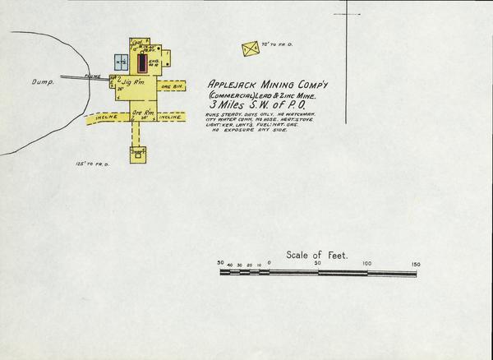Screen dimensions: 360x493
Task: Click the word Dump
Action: coord(41,82)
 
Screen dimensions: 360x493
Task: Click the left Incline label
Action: coord(106,118)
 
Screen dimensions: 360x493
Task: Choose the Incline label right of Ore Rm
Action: coord(182,118)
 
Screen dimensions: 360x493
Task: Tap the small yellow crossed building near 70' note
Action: coord(250,49)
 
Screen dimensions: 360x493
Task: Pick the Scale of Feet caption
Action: coord(317,256)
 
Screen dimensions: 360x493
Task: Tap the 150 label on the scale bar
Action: coord(416,264)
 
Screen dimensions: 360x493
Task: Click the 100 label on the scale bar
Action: coord(367,264)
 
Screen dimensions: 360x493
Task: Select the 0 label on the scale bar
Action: coord(270,265)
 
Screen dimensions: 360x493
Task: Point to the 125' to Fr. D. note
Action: coord(91,164)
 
